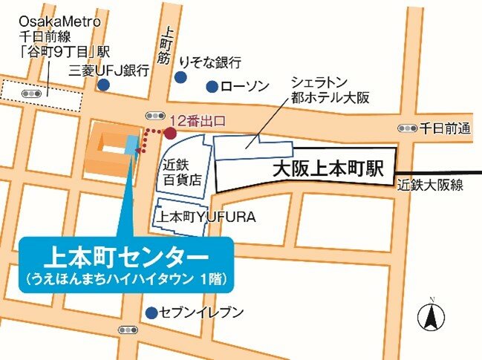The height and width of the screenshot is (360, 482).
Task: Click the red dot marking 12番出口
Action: click(x=169, y=134)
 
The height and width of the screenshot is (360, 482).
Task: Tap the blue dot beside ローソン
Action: click(x=212, y=86)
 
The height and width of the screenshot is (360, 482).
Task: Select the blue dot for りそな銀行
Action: click(x=180, y=76)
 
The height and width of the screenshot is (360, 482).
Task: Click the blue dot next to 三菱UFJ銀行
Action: click(x=103, y=85)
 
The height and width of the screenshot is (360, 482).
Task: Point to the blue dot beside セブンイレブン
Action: click(x=152, y=312)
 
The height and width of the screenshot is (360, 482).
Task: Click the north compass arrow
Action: click(x=430, y=317)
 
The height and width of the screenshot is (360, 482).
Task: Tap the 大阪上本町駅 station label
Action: click(x=327, y=169)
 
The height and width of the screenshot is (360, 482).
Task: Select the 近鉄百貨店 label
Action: click(x=182, y=172)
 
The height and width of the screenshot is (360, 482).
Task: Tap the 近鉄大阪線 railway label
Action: click(x=430, y=185)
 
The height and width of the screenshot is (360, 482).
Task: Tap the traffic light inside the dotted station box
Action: click(x=32, y=94)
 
